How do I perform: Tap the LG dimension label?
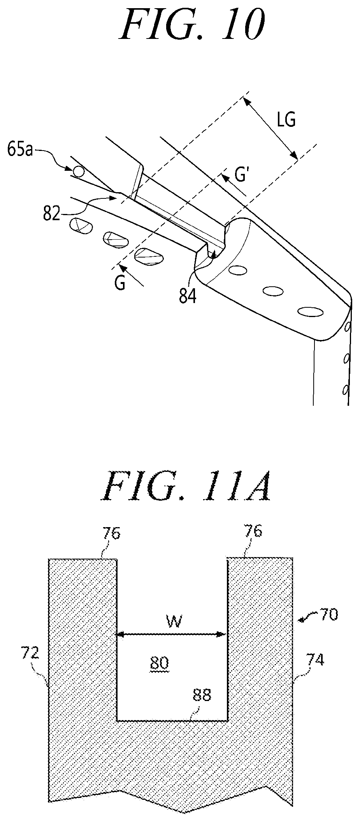coord(286,121)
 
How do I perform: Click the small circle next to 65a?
coord(78,170)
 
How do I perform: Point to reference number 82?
coord(51,213)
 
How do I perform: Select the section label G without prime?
coord(120,283)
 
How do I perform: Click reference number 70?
coord(329,614)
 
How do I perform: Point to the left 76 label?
coord(111,533)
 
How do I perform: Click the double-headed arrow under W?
coord(172,634)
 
